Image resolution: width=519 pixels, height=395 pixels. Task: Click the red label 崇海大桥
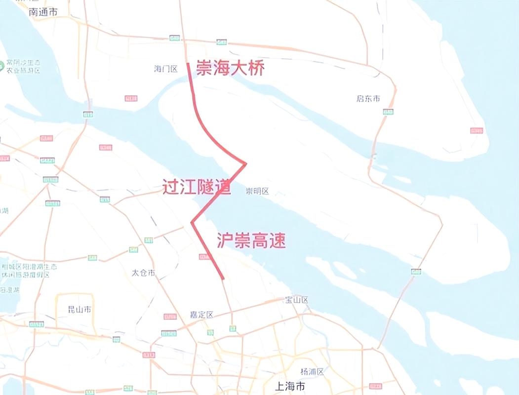pyautogui.click(x=230, y=68)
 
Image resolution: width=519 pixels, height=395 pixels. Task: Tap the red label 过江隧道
pyautogui.click(x=197, y=187)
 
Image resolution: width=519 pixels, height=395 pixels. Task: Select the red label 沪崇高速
pyautogui.click(x=251, y=240)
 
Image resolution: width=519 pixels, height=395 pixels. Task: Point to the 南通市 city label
pyautogui.click(x=43, y=12)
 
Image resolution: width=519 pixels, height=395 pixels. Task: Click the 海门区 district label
pyautogui.click(x=165, y=69)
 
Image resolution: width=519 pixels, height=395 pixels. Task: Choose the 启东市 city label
pyautogui.click(x=368, y=99)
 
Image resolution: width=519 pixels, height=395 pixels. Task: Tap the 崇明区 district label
pyautogui.click(x=257, y=192)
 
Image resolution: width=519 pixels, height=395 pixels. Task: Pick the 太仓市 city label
pyautogui.click(x=143, y=273)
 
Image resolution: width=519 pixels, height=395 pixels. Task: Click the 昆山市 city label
pyautogui.click(x=79, y=310)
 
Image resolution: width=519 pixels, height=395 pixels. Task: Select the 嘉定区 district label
pyautogui.click(x=201, y=315)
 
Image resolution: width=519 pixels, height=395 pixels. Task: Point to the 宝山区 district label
pyautogui.click(x=296, y=300)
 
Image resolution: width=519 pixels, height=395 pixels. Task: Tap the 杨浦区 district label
pyautogui.click(x=312, y=371)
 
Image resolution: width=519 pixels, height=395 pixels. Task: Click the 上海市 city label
pyautogui.click(x=290, y=386)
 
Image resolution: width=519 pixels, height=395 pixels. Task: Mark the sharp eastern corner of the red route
pyautogui.click(x=245, y=163)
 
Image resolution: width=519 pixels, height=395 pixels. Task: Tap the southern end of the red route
pyautogui.click(x=223, y=279)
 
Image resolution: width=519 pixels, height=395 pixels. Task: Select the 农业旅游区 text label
pyautogui.click(x=24, y=71)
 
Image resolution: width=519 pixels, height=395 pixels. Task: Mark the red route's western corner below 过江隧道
pyautogui.click(x=192, y=223)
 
